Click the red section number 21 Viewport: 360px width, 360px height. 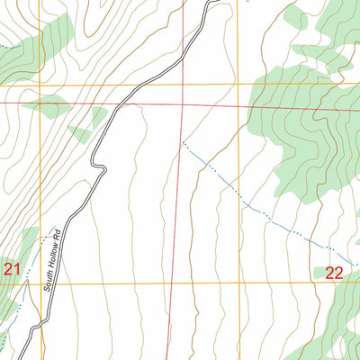11,269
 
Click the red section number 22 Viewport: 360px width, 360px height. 334,274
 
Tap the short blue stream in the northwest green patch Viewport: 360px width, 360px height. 7,45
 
